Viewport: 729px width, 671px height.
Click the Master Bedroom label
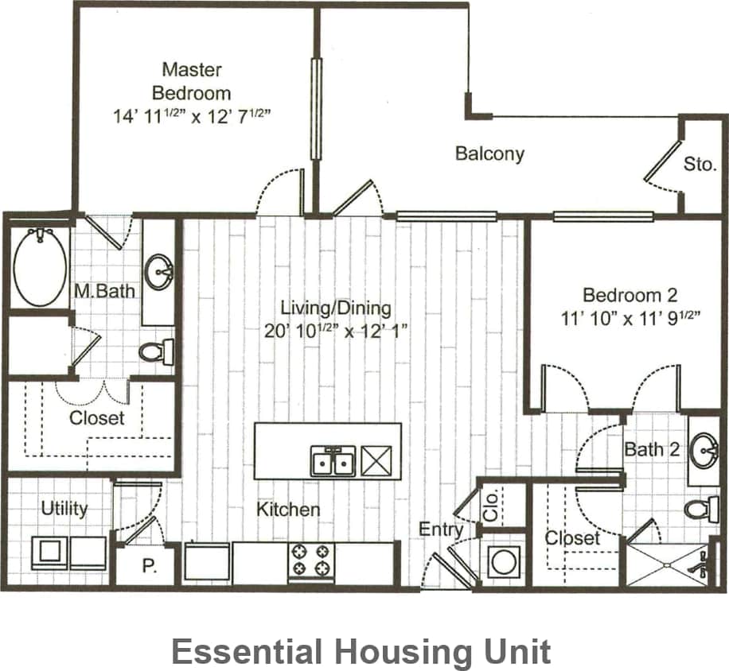click(x=192, y=81)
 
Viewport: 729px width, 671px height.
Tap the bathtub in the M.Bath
click(x=40, y=267)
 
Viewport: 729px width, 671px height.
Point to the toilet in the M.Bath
click(x=157, y=351)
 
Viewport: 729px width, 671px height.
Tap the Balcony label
click(x=489, y=153)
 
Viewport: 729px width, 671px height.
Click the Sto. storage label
click(x=700, y=165)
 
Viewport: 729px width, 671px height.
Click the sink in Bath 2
click(x=703, y=450)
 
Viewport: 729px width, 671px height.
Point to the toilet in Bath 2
click(x=700, y=508)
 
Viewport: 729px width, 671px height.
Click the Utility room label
click(x=64, y=508)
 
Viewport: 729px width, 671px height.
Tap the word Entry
click(x=442, y=529)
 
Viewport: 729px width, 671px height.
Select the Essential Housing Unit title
click(x=361, y=652)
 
